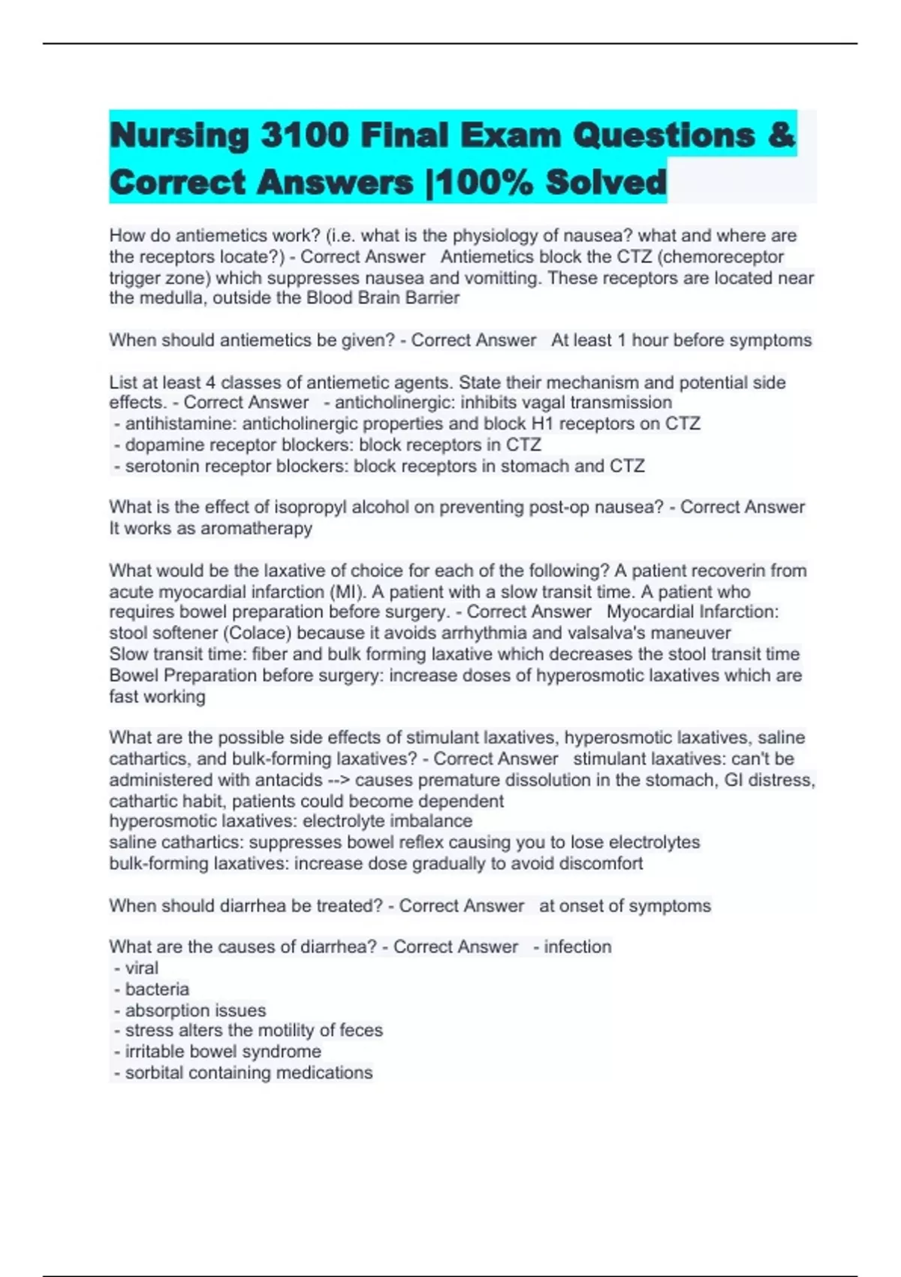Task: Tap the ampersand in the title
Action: coord(782,136)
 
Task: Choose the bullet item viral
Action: coord(141,968)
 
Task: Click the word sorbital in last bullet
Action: coord(154,1073)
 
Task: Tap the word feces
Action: coord(360,1031)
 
